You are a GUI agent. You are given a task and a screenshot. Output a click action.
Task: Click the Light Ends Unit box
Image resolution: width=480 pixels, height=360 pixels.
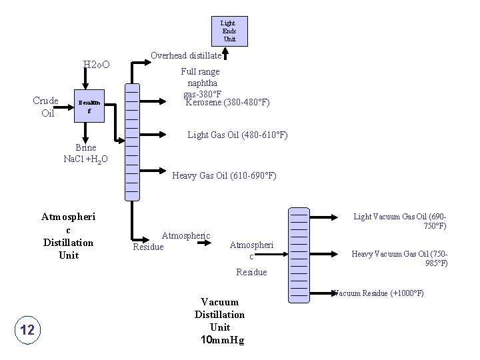click(229, 31)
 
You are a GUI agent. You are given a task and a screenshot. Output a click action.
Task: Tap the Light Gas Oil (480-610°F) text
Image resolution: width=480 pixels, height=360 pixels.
click(237, 135)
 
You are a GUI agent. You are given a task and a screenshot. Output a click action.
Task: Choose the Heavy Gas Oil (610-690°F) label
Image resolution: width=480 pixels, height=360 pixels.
click(224, 176)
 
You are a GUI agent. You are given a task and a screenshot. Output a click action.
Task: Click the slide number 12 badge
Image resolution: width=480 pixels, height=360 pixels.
click(28, 329)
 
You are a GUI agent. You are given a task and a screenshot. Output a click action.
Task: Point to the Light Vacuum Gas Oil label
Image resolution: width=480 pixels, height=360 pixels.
click(400, 221)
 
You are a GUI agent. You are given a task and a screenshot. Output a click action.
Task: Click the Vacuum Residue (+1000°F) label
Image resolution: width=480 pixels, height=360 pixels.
click(377, 293)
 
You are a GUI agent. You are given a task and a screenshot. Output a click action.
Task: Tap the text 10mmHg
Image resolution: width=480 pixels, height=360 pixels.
click(222, 340)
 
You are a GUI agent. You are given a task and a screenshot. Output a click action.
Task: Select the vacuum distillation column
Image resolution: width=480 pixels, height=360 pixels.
click(299, 255)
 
